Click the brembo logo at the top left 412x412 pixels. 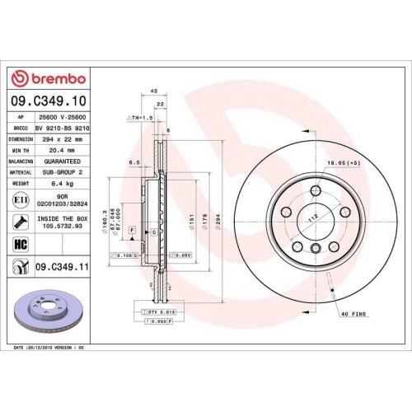coord(47,78)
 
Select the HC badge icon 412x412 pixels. coord(19,242)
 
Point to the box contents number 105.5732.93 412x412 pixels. coord(59,226)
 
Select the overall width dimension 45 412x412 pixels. coord(154,93)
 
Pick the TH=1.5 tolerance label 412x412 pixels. coord(140,118)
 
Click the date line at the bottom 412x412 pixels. coord(49,349)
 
